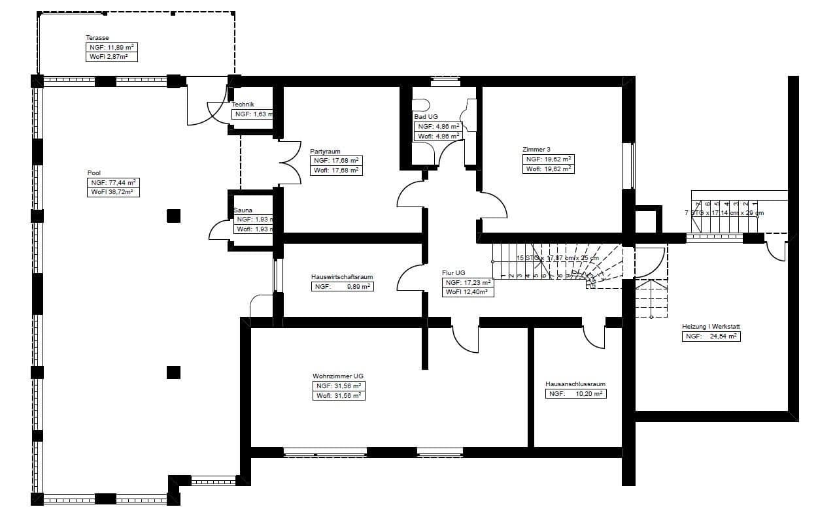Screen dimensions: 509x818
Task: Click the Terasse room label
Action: [x=97, y=38]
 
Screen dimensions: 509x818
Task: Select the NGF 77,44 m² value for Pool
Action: [x=114, y=183]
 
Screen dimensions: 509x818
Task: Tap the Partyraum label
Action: [x=325, y=152]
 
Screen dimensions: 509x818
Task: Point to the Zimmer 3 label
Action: [x=536, y=149]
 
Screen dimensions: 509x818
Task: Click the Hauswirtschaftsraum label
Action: [x=342, y=277]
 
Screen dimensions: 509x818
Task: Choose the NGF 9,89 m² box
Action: [x=343, y=286]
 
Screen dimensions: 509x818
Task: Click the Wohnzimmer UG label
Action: [x=337, y=376]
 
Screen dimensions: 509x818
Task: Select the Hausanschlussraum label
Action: [x=575, y=384]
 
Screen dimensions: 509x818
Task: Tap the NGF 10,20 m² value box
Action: [x=575, y=394]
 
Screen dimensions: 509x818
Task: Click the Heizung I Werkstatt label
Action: [x=711, y=327]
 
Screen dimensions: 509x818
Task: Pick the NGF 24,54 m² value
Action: [x=711, y=337]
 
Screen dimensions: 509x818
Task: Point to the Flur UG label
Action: [x=453, y=273]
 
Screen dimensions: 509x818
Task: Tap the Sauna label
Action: [x=243, y=210]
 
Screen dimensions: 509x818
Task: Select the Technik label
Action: [x=243, y=105]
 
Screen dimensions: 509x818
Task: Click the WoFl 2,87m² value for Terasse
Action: [x=111, y=57]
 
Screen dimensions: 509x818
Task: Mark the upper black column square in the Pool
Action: [x=173, y=216]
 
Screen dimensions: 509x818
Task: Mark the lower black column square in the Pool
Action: [x=173, y=372]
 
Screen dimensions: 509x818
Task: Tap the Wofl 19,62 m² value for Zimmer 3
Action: [x=548, y=169]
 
